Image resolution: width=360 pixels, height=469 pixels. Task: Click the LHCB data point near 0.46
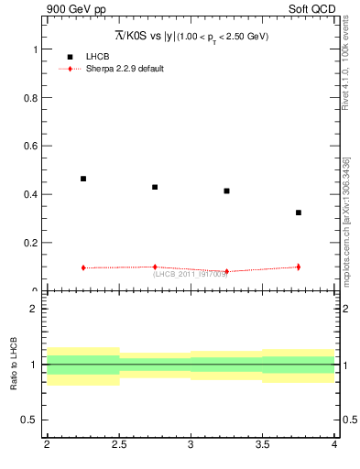(83, 179)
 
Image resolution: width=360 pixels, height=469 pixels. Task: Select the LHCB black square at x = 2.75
(155, 187)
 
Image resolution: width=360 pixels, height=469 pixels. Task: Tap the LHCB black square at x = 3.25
(226, 191)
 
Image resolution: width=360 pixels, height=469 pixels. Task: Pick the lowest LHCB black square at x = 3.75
(299, 213)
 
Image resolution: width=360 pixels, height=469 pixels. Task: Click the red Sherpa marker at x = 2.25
(83, 267)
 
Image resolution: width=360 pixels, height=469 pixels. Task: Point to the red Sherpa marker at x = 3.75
(299, 267)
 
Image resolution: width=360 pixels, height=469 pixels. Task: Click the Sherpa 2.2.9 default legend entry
(124, 69)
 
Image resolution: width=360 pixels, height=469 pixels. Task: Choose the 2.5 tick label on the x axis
(119, 444)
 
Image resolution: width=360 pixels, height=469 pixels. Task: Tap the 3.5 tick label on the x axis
(263, 444)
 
